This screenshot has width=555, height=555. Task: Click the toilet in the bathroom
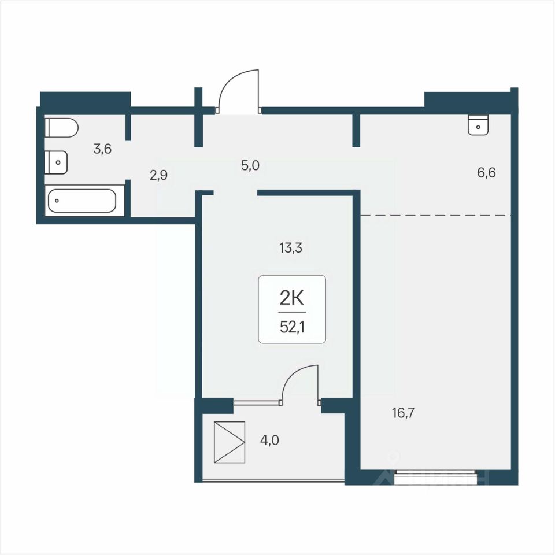(61, 128)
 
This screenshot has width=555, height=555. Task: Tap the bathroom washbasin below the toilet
(56, 162)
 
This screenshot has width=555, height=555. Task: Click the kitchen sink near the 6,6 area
(478, 125)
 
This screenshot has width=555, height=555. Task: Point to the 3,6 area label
(103, 149)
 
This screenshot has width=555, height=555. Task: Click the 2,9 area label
(158, 175)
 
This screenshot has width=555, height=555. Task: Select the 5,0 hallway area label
(250, 165)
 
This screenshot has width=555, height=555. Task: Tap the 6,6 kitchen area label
(486, 173)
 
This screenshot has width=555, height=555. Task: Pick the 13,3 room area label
(291, 248)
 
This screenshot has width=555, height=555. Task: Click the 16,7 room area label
(404, 413)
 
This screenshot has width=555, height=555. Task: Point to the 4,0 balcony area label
(270, 441)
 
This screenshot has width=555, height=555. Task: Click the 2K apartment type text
(292, 299)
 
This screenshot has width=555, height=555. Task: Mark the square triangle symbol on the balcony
(230, 442)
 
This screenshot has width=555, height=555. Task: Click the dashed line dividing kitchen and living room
(436, 215)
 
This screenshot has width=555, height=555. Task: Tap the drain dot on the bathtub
(57, 201)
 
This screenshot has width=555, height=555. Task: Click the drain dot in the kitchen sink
(478, 127)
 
